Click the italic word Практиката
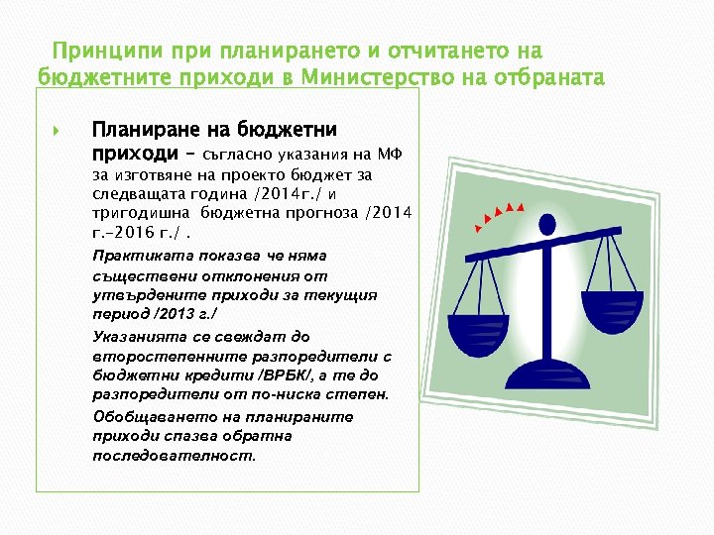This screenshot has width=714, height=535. click(x=138, y=257)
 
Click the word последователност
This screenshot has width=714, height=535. click(x=173, y=457)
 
